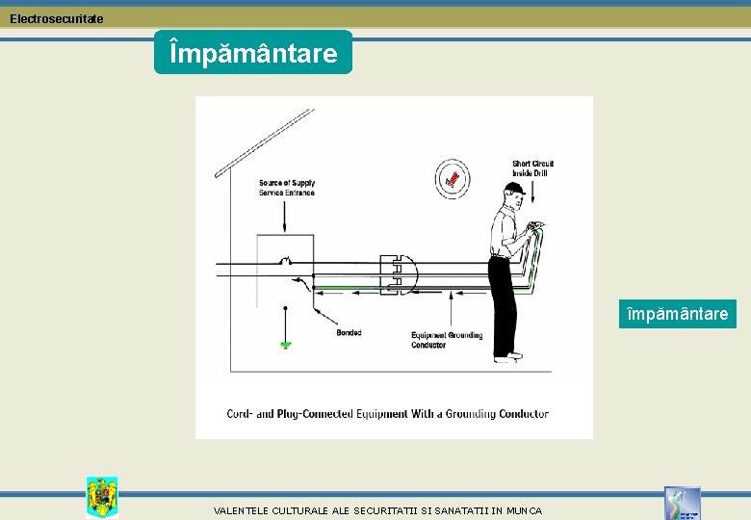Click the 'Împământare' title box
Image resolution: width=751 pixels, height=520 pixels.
coord(253,52)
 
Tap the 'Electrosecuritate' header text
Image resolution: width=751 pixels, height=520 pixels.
coord(57,18)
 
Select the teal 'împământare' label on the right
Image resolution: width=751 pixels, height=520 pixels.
coord(677,313)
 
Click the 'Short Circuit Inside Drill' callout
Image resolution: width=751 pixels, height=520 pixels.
coord(532,169)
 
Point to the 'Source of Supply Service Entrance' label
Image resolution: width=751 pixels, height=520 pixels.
coord(286,188)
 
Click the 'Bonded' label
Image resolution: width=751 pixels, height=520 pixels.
coord(349,333)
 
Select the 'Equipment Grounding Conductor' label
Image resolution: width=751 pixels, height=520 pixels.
coord(447,340)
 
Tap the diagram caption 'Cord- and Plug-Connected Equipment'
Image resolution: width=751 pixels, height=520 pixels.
coord(387,414)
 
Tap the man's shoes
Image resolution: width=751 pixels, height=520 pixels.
coord(507,357)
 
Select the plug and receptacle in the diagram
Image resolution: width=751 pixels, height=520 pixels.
coord(397,274)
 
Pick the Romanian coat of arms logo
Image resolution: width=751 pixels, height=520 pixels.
coord(101,496)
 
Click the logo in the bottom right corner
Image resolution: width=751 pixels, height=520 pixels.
coord(682,503)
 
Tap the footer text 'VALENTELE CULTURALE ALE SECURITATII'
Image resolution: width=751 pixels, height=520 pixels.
coord(377,510)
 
